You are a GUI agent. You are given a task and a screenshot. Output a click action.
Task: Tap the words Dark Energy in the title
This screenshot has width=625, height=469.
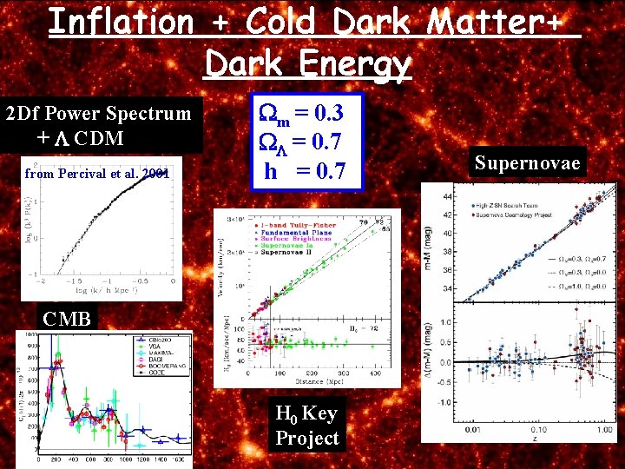[307, 63]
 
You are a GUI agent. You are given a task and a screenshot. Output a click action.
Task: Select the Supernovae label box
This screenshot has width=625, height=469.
[527, 162]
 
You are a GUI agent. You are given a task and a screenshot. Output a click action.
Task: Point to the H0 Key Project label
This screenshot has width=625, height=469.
[306, 426]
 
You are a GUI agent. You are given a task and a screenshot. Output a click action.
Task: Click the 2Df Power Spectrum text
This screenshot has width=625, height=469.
[98, 113]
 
